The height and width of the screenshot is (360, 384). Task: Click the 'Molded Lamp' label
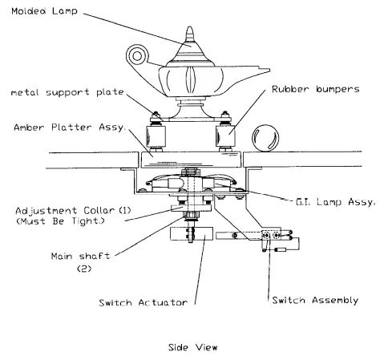pyautogui.click(x=44, y=11)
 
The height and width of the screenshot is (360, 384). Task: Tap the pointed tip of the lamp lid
pyautogui.click(x=189, y=26)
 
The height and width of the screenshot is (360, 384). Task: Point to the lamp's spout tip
pyautogui.click(x=269, y=70)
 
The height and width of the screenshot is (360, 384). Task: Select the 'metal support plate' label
pyautogui.click(x=67, y=92)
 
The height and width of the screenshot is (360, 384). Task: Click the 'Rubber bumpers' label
pyautogui.click(x=316, y=89)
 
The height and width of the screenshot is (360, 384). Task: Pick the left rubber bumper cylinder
pyautogui.click(x=156, y=136)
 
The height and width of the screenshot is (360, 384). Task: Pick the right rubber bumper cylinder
pyautogui.click(x=225, y=136)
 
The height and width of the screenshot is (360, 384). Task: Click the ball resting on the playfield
pyautogui.click(x=265, y=138)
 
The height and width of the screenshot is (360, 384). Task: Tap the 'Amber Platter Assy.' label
pyautogui.click(x=70, y=127)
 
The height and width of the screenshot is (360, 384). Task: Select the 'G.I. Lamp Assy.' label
pyautogui.click(x=335, y=202)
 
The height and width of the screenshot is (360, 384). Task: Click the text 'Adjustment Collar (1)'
pyautogui.click(x=73, y=211)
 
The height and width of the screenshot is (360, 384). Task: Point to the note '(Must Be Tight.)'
pyautogui.click(x=60, y=221)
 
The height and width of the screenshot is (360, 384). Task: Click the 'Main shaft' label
pyautogui.click(x=80, y=256)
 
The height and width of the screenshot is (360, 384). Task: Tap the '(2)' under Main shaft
pyautogui.click(x=84, y=269)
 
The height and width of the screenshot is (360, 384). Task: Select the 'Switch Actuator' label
pyautogui.click(x=143, y=302)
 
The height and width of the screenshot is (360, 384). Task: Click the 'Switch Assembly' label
pyautogui.click(x=315, y=300)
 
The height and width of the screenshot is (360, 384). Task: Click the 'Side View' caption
pyautogui.click(x=192, y=347)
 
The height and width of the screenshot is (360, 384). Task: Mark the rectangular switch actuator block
pyautogui.click(x=192, y=234)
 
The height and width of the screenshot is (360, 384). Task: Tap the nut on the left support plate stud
pyautogui.click(x=156, y=118)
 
